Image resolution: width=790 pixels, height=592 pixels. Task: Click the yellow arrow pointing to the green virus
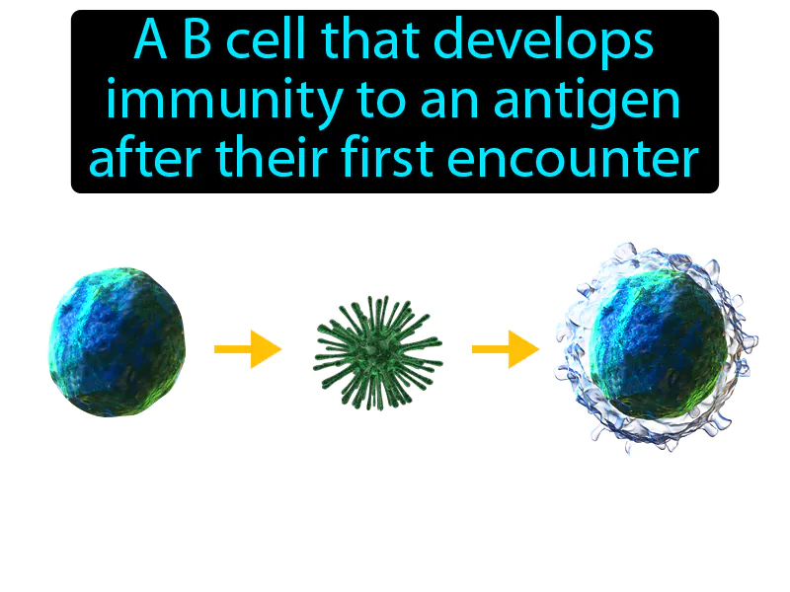248,348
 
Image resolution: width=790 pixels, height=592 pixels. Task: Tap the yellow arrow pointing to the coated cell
505,348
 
